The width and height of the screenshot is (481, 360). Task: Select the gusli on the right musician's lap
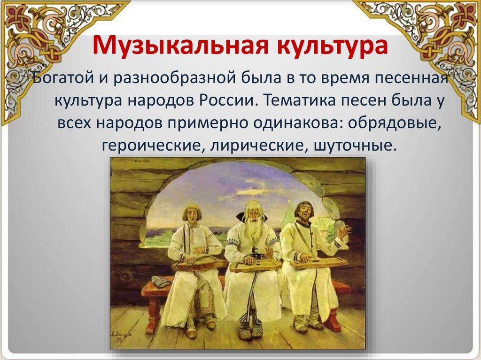pyautogui.click(x=319, y=262)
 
